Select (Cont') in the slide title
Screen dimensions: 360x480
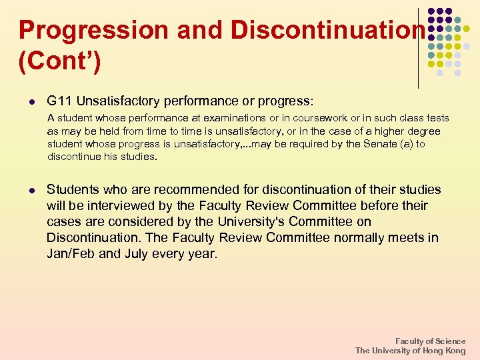(x=59, y=63)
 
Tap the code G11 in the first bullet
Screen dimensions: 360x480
(x=59, y=101)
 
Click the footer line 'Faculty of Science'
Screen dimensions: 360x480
(x=430, y=341)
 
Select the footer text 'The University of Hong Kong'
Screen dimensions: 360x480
(x=410, y=351)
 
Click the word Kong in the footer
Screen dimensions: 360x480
(x=455, y=351)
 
